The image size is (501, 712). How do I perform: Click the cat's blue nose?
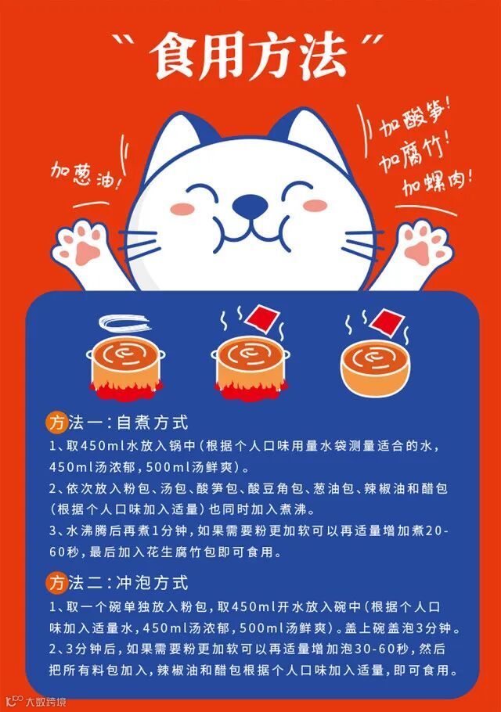click(250, 205)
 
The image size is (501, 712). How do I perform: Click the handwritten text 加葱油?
click(86, 175)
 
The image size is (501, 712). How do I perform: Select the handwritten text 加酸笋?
click(415, 117)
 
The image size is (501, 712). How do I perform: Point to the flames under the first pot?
click(125, 390)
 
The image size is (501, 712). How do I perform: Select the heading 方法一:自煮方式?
click(117, 423)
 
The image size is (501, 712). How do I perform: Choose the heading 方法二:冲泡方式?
click(117, 583)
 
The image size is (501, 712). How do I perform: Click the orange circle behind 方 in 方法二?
click(57, 583)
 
